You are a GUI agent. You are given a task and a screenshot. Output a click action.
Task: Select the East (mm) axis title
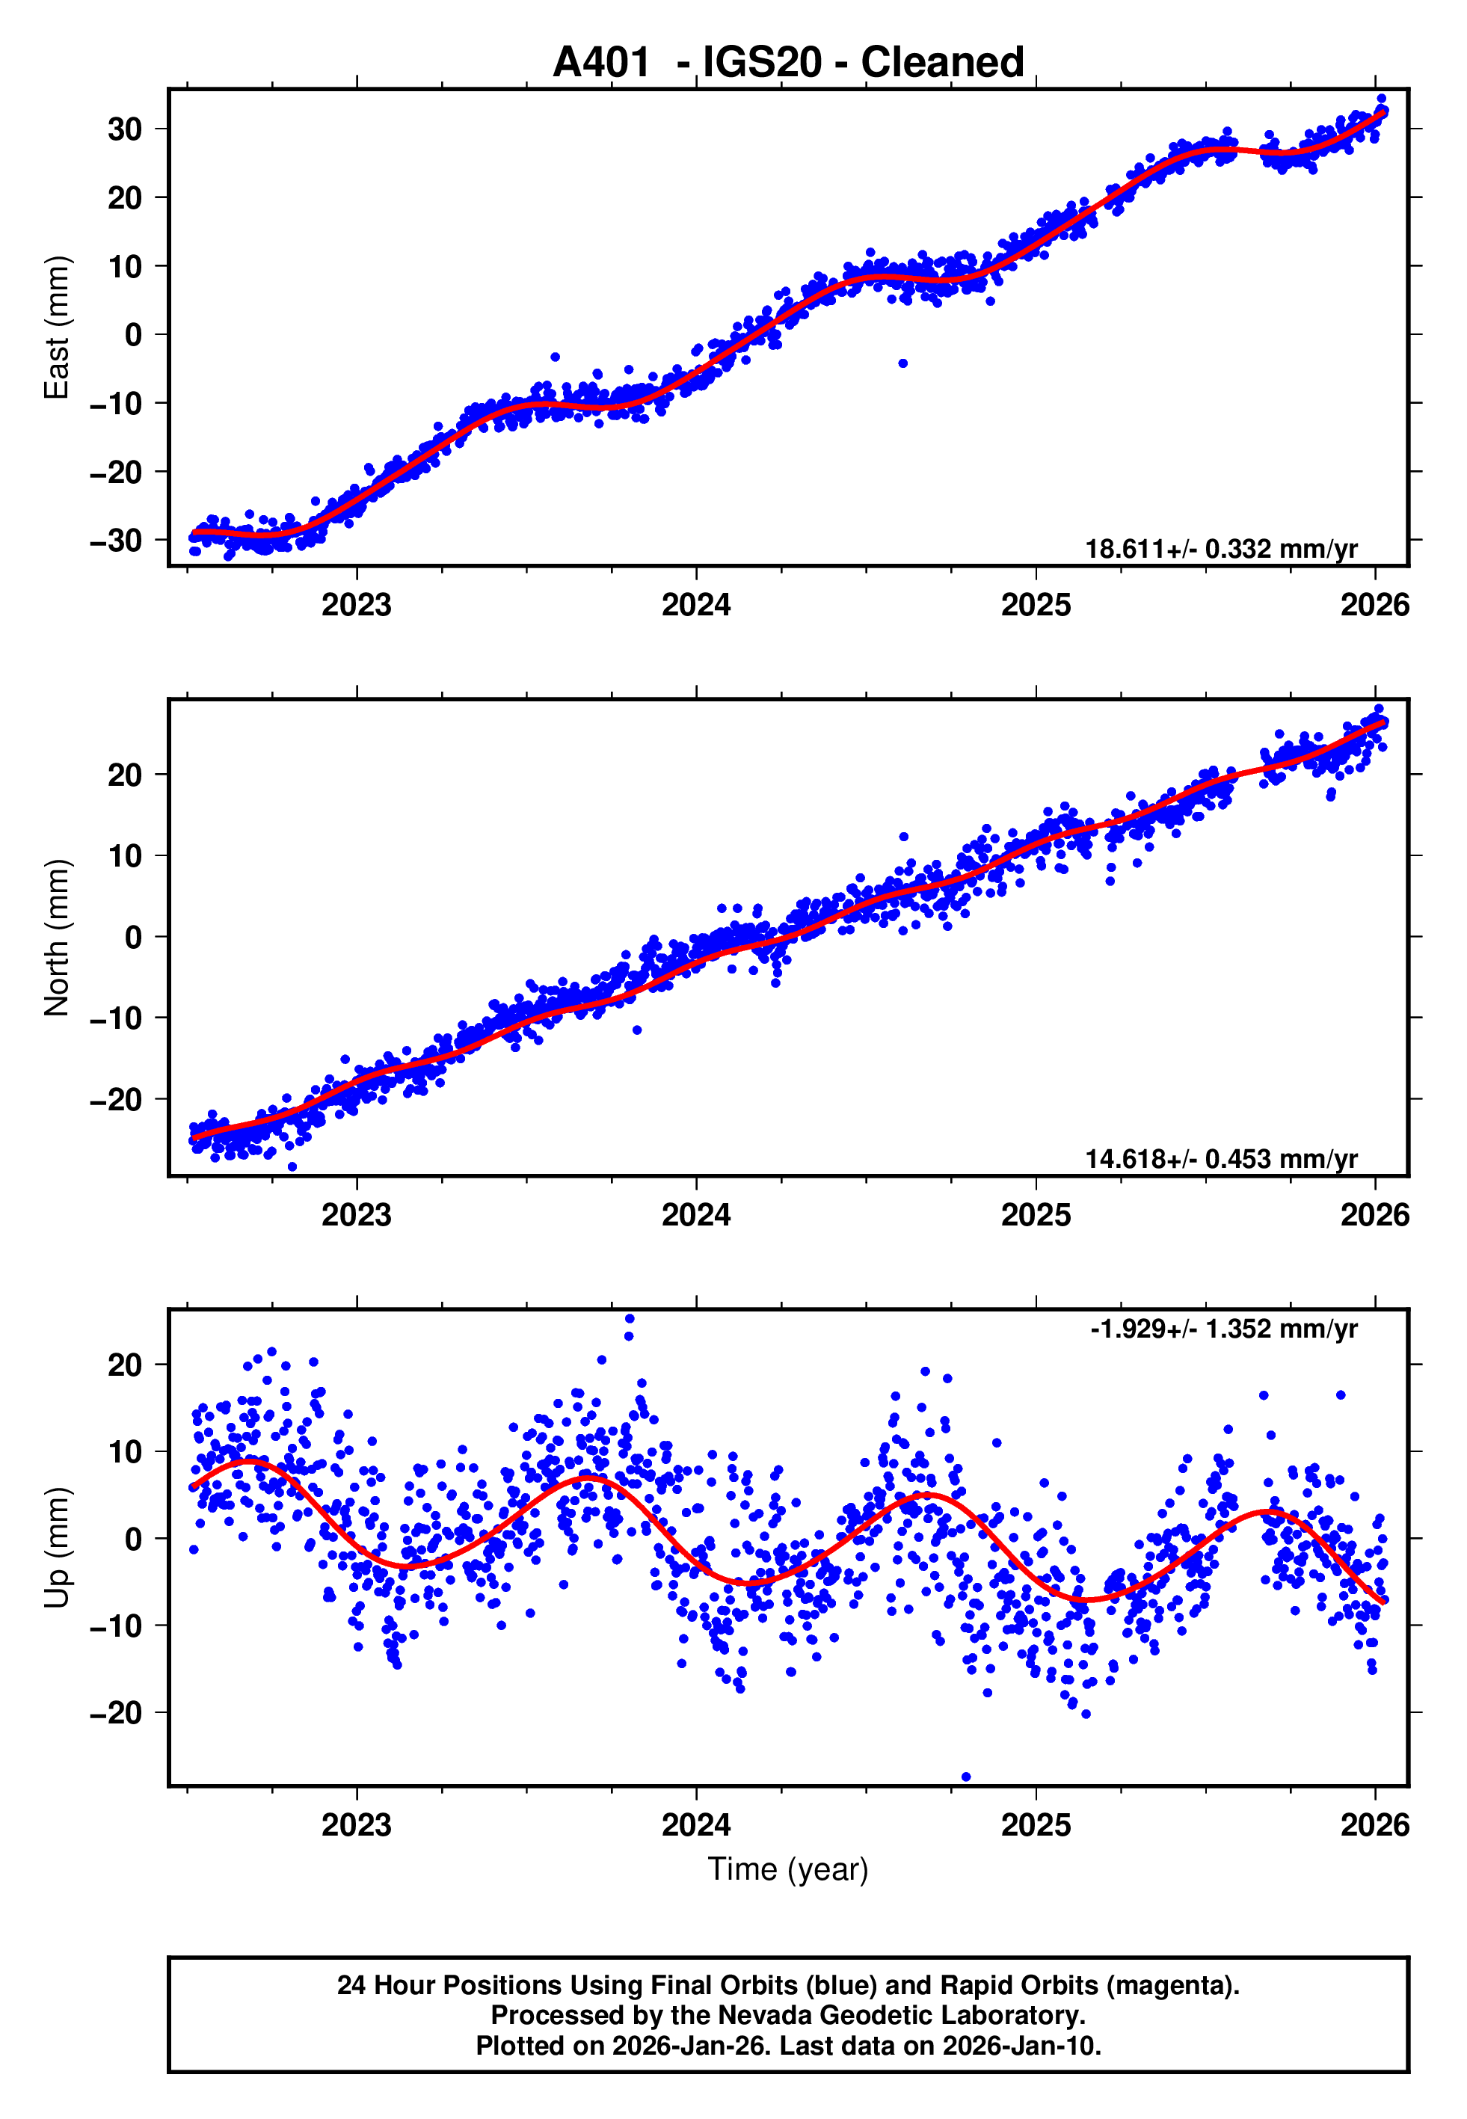57,327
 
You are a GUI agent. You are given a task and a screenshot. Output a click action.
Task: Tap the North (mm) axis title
57,938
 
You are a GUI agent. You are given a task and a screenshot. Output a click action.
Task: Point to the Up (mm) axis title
57,1548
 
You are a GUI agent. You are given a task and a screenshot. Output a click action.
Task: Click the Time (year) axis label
788,1869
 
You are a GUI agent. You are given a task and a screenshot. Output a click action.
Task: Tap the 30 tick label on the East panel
125,129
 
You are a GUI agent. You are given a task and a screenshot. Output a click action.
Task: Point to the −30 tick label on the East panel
116,541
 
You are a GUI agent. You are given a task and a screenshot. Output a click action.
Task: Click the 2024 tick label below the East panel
696,605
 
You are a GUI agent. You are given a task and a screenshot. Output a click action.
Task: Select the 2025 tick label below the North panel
1036,1215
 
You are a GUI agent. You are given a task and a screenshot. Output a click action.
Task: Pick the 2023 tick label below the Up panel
357,1825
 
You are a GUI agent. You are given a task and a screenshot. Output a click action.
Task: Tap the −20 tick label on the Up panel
116,1713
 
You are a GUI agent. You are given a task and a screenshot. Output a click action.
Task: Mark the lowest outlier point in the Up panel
965,1777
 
